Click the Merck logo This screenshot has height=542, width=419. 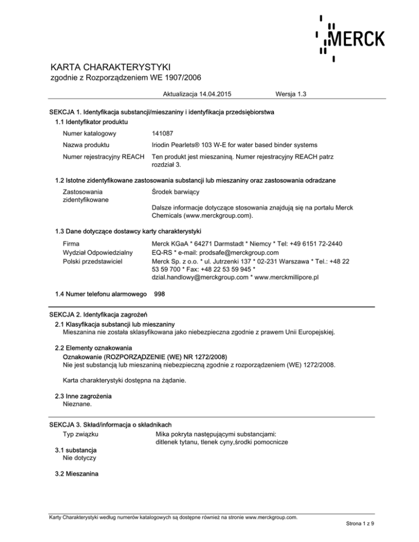click(x=351, y=37)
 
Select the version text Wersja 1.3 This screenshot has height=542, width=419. click(x=292, y=94)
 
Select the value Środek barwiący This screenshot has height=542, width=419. click(x=178, y=192)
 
